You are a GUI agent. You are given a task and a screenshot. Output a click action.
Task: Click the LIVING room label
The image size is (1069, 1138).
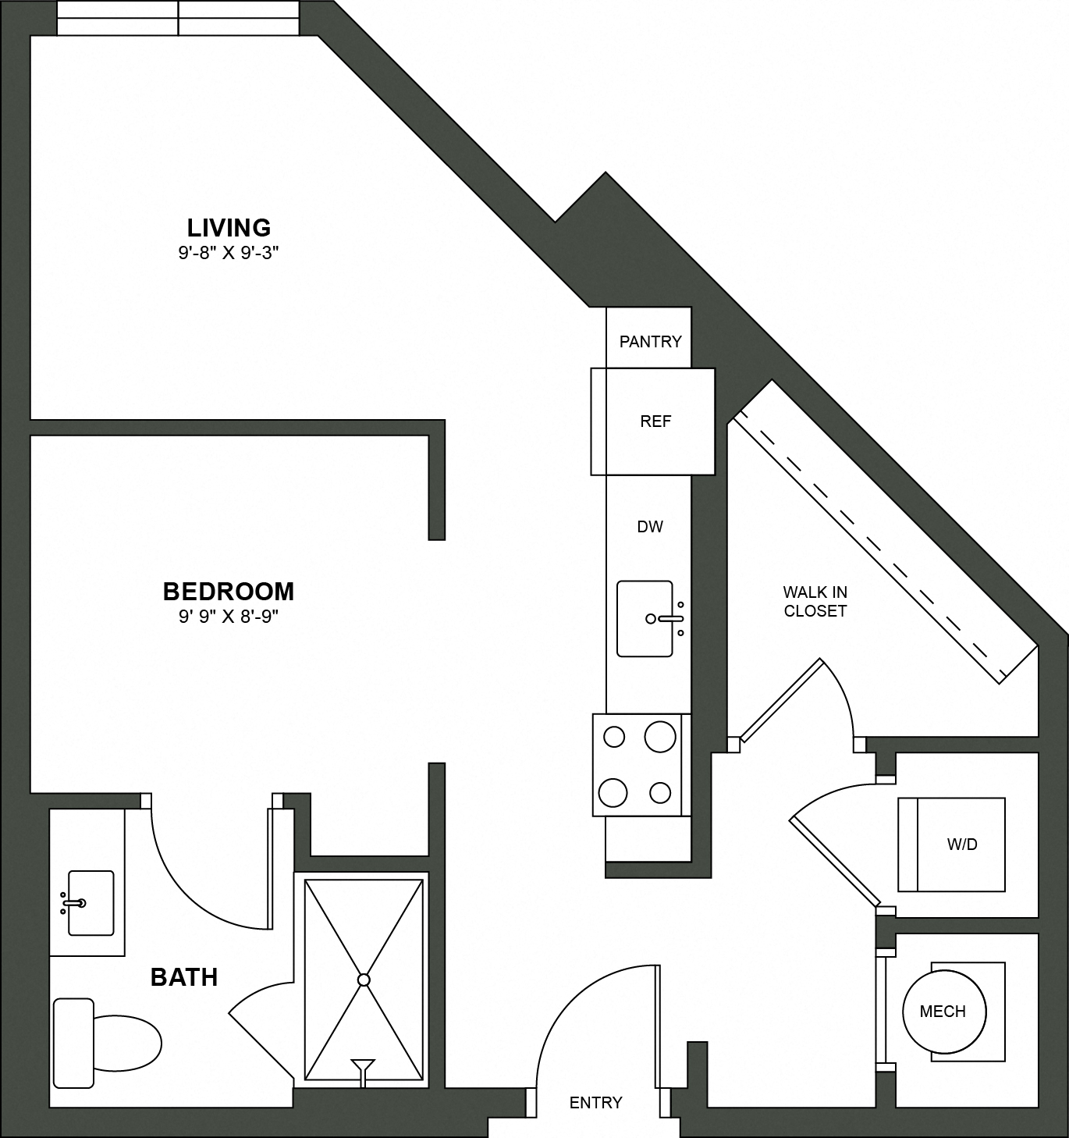coord(229,227)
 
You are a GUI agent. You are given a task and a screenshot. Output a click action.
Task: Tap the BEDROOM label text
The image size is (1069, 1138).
coord(229,592)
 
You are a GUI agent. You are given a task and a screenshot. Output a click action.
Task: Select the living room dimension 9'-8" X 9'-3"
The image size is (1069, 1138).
coord(229,253)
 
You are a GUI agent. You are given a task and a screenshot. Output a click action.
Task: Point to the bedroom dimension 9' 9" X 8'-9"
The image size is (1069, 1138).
coord(229,617)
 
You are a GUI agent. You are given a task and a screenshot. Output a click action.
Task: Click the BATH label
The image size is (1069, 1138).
coord(184,977)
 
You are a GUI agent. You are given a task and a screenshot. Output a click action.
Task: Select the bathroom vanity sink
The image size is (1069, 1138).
coord(90,903)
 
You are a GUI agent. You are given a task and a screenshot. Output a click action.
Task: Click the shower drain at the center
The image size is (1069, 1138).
coord(364,980)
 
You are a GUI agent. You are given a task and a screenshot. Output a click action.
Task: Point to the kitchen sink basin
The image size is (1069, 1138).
coord(644,618)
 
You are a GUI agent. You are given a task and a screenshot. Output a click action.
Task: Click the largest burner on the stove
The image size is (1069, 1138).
coord(660,736)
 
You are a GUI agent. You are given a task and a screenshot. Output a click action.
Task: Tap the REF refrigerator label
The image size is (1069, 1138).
coord(655,421)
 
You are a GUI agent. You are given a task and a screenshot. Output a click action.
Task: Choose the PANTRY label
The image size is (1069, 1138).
coord(650,341)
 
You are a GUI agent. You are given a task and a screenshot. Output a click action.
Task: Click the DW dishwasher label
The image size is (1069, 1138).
coord(650,527)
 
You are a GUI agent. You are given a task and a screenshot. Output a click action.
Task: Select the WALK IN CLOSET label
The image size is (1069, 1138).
coord(815,602)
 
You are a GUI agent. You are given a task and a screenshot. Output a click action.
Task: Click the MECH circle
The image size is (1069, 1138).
coord(943,1012)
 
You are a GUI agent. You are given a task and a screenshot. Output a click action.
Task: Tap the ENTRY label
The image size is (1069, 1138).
coord(596,1102)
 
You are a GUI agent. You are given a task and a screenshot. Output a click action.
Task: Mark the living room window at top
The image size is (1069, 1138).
coord(178,18)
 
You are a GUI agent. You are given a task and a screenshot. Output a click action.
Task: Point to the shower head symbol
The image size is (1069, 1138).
coord(363,1066)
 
